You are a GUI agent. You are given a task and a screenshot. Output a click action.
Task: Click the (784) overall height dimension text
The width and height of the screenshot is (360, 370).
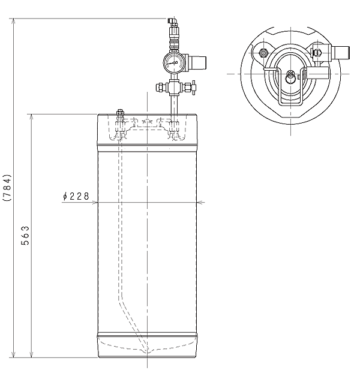click(x=7, y=188)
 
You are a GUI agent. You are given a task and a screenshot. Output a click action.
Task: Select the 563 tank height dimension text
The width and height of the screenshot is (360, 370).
click(x=25, y=236)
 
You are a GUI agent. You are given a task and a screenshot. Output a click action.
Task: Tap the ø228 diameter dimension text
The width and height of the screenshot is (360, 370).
click(x=76, y=196)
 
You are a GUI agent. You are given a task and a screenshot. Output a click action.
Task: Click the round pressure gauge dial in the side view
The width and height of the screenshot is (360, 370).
click(x=174, y=62)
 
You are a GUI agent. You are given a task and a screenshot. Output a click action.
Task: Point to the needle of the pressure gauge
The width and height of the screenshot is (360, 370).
click(x=172, y=63)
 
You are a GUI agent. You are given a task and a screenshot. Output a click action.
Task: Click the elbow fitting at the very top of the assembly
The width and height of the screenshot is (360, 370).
click(x=173, y=22)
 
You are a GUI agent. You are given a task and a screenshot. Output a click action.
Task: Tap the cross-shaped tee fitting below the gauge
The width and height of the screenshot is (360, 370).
click(x=174, y=88)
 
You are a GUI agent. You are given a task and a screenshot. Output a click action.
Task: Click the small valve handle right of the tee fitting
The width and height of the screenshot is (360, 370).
click(x=194, y=88)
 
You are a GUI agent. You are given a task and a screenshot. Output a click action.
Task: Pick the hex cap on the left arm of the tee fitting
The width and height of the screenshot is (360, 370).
click(x=160, y=87)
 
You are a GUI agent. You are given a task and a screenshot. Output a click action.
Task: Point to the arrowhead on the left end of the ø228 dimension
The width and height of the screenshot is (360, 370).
click(x=95, y=202)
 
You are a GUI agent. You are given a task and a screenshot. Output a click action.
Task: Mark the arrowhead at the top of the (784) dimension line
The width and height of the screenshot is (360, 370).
click(x=13, y=21)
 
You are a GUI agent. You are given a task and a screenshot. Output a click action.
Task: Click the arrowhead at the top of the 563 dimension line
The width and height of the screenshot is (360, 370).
click(x=32, y=117)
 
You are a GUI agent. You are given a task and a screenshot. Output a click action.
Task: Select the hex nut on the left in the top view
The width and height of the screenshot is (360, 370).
click(x=263, y=53)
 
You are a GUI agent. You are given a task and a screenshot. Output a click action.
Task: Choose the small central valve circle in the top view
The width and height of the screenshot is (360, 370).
click(x=290, y=77)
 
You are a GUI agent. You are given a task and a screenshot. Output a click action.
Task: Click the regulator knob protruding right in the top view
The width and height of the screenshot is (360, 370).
click(x=340, y=53)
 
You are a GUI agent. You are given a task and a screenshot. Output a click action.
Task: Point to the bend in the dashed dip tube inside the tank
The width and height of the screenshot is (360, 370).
click(x=120, y=299)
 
